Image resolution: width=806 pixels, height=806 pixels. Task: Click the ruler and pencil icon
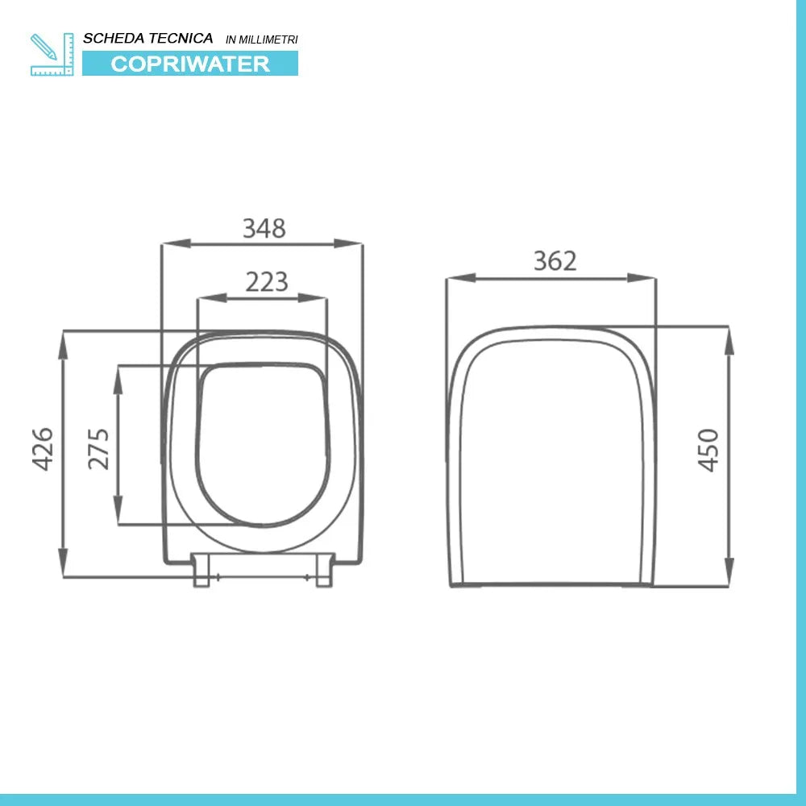pyautogui.click(x=52, y=54)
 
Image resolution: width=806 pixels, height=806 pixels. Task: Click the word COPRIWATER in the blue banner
pyautogui.click(x=190, y=64)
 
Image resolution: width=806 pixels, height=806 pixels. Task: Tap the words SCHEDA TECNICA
pyautogui.click(x=148, y=38)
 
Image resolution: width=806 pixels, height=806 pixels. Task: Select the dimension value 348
pyautogui.click(x=264, y=229)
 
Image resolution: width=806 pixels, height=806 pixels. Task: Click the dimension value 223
pyautogui.click(x=266, y=282)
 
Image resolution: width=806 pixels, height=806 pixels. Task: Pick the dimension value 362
pyautogui.click(x=555, y=261)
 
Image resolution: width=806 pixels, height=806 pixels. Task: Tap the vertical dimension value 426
pyautogui.click(x=42, y=450)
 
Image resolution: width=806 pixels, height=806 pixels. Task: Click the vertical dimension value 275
pyautogui.click(x=98, y=448)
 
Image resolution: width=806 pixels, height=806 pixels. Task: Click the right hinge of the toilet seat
pyautogui.click(x=324, y=569)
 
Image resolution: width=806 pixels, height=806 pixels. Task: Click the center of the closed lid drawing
pyautogui.click(x=551, y=455)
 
